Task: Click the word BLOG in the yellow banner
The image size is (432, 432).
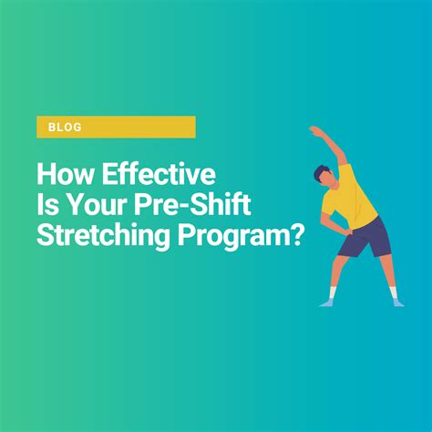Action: (x=65, y=127)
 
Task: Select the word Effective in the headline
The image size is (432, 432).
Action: (x=159, y=174)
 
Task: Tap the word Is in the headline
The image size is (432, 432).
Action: (x=47, y=205)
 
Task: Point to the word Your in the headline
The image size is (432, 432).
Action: (x=97, y=205)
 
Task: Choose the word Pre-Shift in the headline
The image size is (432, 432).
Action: (x=193, y=205)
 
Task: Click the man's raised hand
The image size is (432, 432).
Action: (x=314, y=130)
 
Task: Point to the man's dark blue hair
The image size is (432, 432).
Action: (x=320, y=171)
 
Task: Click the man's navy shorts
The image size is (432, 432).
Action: (x=365, y=239)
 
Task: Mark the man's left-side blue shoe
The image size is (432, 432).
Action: (x=327, y=303)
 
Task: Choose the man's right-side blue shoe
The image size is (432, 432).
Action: (x=398, y=303)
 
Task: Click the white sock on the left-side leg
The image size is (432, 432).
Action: (x=333, y=293)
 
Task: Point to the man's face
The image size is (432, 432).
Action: (x=328, y=180)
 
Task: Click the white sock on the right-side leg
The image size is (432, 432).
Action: (x=394, y=293)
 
